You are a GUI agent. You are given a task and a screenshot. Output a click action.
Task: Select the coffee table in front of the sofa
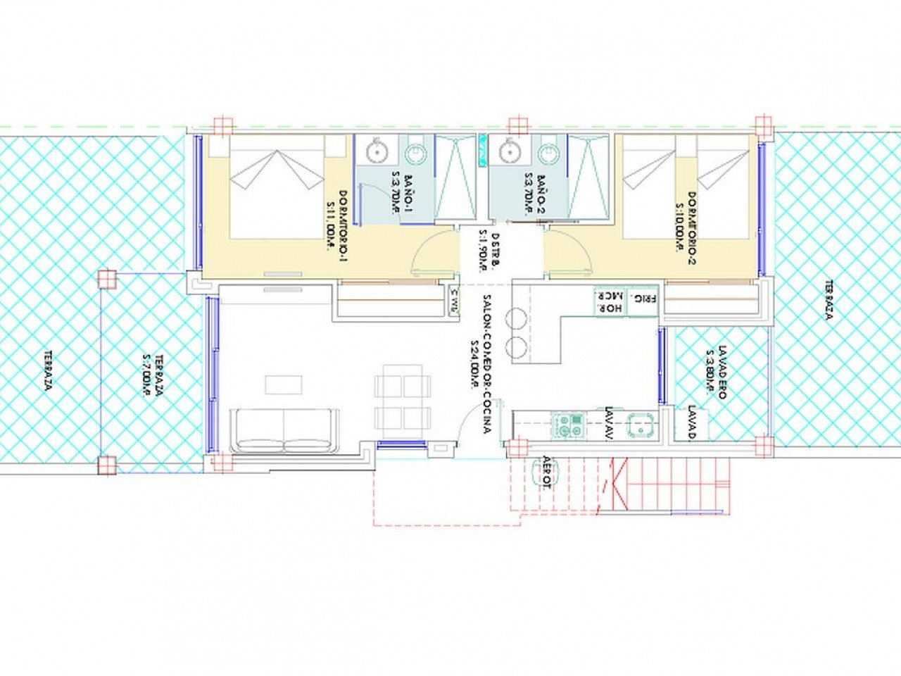(284, 384)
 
